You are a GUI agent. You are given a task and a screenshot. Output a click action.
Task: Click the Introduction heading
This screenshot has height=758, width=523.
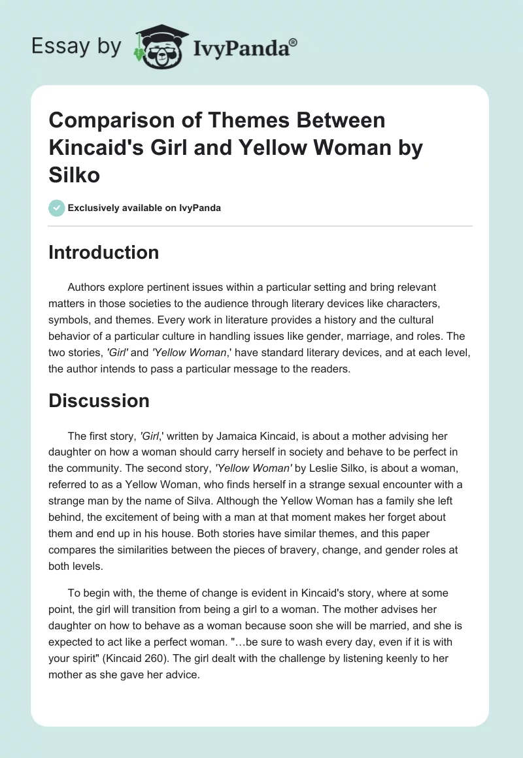click(x=103, y=252)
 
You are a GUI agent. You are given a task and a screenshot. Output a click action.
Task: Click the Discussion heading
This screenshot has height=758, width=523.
click(x=99, y=401)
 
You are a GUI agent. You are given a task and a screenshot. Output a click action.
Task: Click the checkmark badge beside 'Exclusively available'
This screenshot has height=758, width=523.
click(x=57, y=208)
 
